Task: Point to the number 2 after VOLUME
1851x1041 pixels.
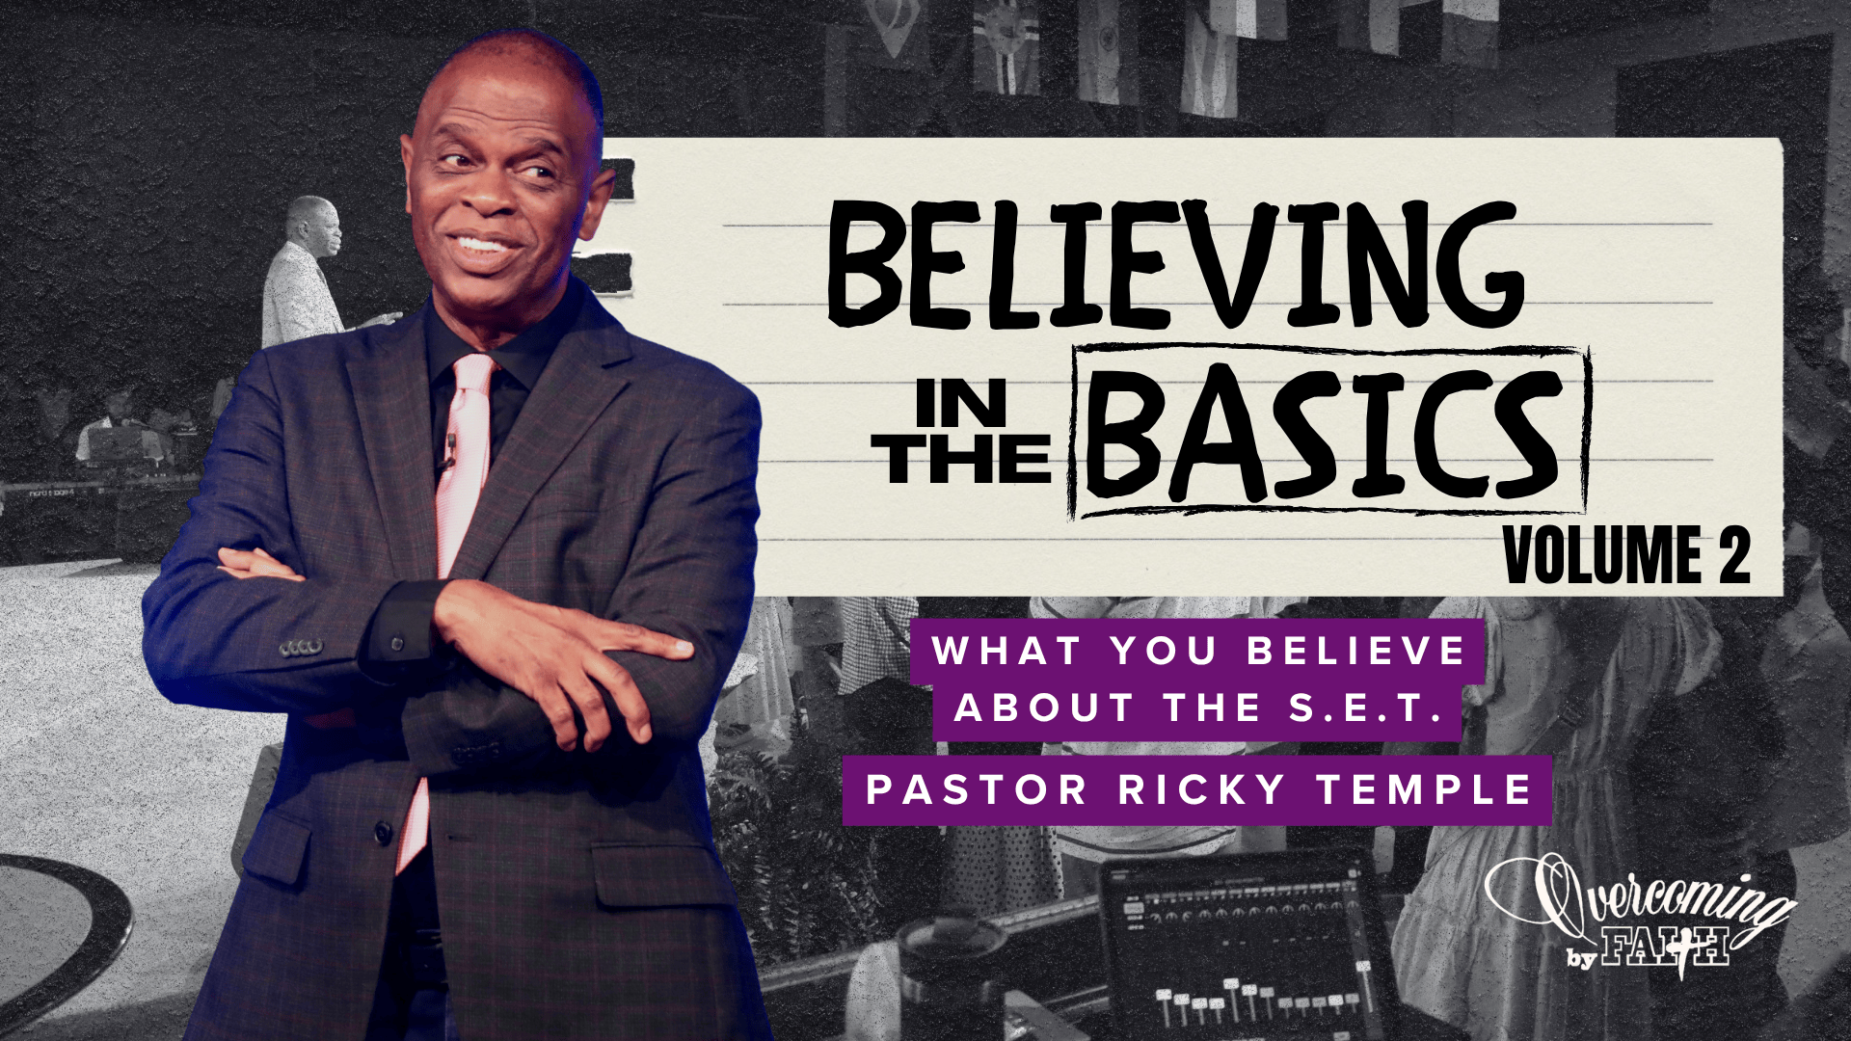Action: point(1732,556)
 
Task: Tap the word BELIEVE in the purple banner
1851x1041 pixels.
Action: point(1356,652)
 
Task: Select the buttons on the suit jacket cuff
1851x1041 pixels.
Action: point(301,647)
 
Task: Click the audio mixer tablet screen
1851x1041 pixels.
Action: point(1244,949)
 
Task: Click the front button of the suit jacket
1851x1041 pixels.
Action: point(384,829)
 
